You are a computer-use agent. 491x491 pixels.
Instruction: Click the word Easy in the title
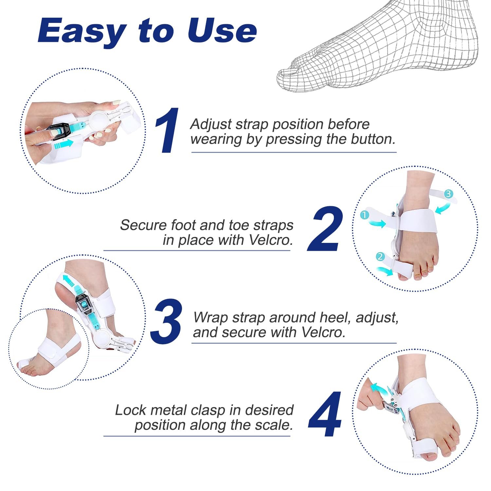click(x=82, y=31)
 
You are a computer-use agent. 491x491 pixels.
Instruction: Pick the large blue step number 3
click(x=166, y=321)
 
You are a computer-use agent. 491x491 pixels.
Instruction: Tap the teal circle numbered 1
click(x=364, y=215)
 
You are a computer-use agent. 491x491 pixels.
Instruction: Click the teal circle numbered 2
click(x=380, y=256)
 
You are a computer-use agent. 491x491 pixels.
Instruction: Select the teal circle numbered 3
click(x=448, y=194)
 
